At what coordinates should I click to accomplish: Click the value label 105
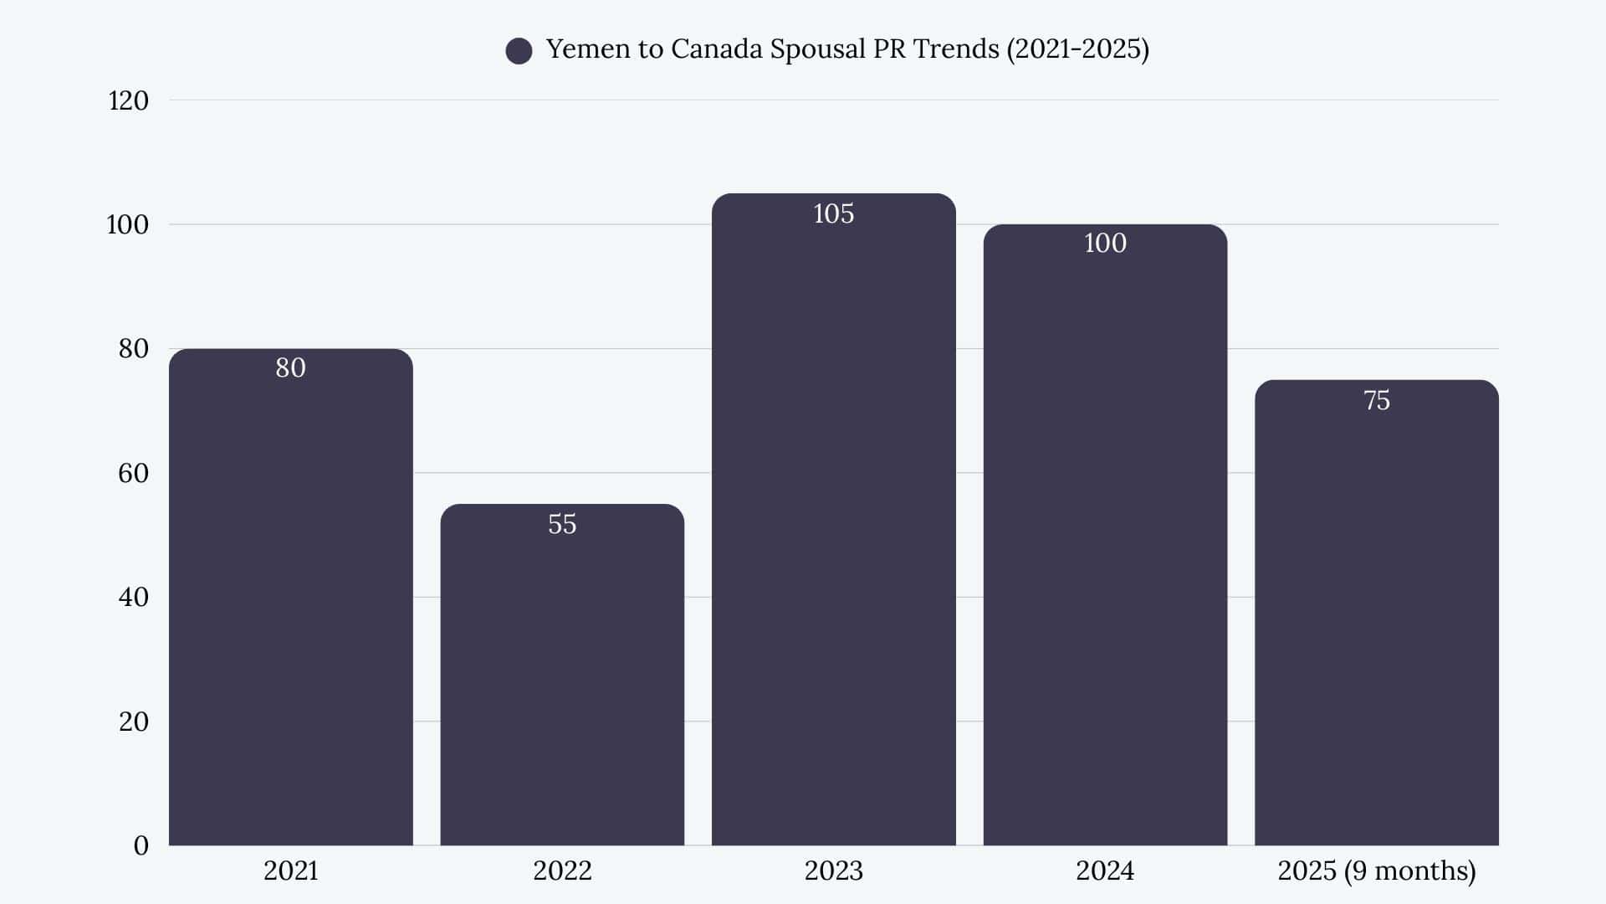[833, 214]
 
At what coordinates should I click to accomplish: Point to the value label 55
[562, 525]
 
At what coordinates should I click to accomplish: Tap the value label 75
[1376, 401]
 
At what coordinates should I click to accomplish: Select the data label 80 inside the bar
[290, 368]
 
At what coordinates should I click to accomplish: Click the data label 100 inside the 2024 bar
[1105, 244]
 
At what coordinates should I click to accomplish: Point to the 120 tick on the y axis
[129, 101]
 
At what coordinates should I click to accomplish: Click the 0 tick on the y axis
[141, 846]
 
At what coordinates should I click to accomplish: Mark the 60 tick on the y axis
[133, 474]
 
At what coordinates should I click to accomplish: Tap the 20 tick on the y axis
[133, 722]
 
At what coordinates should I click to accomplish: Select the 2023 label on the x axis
[833, 871]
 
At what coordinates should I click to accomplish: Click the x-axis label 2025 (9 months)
[1376, 871]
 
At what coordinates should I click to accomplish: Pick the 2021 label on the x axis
[290, 871]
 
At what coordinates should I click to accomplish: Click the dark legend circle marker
[519, 51]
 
